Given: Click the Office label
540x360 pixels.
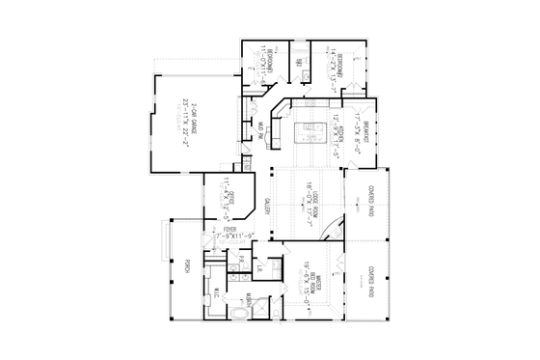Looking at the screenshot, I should click(230, 198).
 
